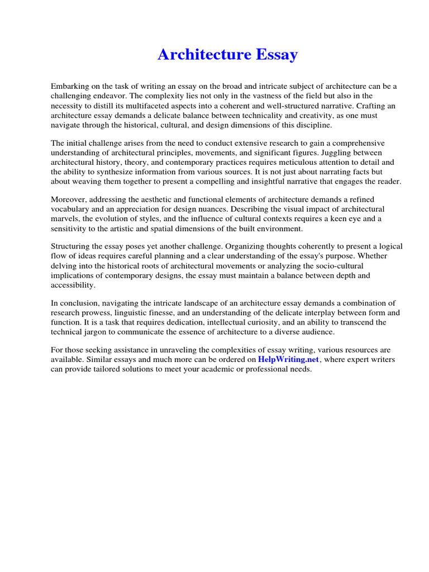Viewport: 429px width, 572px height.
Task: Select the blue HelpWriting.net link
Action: point(288,360)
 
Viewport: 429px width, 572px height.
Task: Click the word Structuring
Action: point(71,246)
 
